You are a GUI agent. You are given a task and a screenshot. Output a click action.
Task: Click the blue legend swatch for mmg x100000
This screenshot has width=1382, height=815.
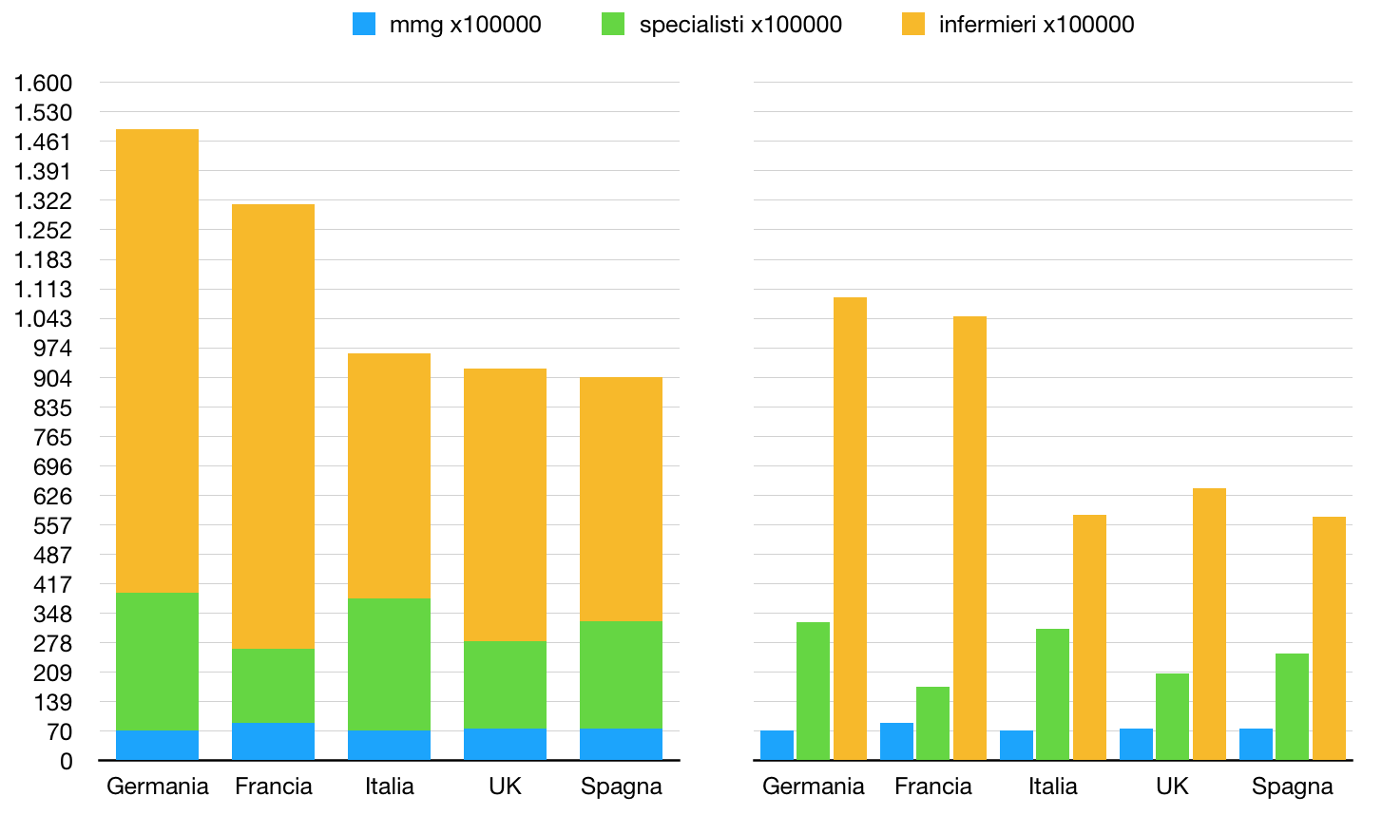pyautogui.click(x=364, y=24)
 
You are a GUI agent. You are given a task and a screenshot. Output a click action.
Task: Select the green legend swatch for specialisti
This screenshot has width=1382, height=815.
pyautogui.click(x=613, y=24)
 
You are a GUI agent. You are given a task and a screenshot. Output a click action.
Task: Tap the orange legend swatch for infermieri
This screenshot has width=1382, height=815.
pyautogui.click(x=913, y=24)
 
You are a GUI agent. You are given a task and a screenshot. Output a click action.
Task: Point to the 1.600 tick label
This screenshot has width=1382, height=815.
pyautogui.click(x=43, y=84)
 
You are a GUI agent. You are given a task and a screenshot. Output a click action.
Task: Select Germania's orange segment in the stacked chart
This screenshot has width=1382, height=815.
pyautogui.click(x=157, y=361)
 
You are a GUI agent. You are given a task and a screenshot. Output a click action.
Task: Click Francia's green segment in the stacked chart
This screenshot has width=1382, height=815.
pyautogui.click(x=273, y=686)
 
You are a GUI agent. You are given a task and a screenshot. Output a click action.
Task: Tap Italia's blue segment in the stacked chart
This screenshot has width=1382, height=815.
pyautogui.click(x=389, y=746)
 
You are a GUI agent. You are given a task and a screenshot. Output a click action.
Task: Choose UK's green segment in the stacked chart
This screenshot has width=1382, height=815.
pyautogui.click(x=505, y=685)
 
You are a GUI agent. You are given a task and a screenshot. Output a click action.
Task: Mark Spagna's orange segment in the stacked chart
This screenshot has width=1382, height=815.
pyautogui.click(x=621, y=499)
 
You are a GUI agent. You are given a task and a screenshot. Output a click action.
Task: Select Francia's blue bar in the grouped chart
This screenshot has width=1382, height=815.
pyautogui.click(x=896, y=742)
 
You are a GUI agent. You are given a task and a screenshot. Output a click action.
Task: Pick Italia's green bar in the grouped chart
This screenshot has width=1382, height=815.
pyautogui.click(x=1052, y=694)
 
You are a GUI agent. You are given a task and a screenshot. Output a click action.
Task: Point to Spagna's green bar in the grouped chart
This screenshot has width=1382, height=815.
pyautogui.click(x=1292, y=707)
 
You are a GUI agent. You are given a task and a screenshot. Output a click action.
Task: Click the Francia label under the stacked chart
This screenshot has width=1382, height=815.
pyautogui.click(x=273, y=787)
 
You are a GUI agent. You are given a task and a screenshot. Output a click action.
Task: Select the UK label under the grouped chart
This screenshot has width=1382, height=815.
pyautogui.click(x=1172, y=787)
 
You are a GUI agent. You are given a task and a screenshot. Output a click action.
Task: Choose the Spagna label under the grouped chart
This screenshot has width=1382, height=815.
pyautogui.click(x=1292, y=787)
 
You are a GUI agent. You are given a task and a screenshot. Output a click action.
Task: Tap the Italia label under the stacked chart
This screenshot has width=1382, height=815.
pyautogui.click(x=389, y=787)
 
